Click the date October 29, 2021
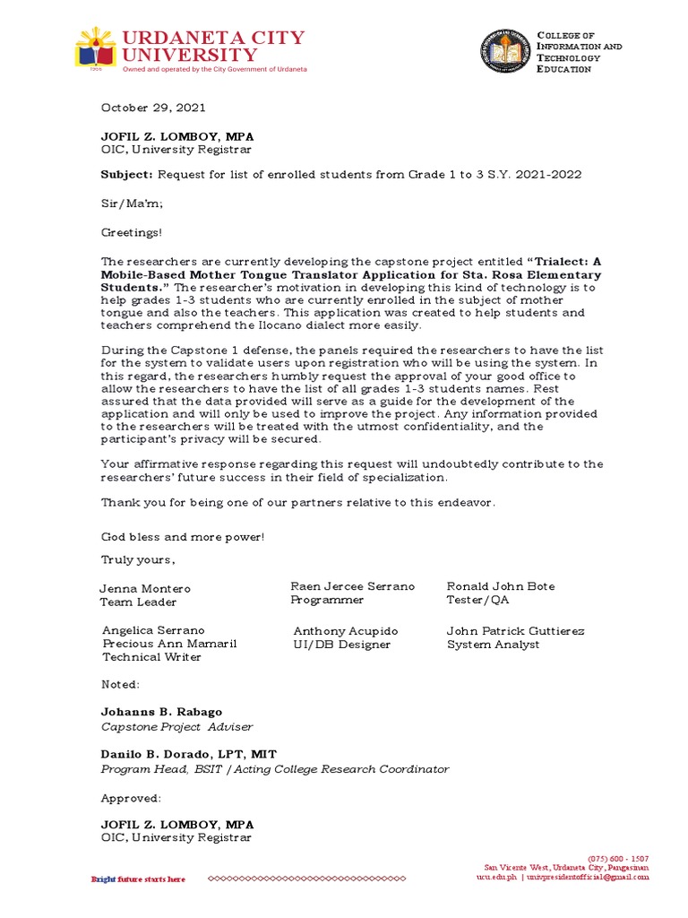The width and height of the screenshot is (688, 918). coord(152,108)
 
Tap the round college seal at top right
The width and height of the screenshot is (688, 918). coord(506,52)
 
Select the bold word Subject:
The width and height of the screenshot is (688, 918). coord(127,174)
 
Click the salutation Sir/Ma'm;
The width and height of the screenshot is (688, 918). coord(131,204)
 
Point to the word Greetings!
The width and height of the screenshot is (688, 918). coord(132,232)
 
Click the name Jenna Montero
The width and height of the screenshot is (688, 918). coord(144,588)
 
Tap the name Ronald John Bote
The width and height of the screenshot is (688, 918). coord(501,586)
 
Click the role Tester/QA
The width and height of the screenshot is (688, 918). coord(477,601)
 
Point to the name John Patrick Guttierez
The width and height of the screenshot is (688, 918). coord(515,631)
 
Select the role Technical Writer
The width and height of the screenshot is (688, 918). coord(151,657)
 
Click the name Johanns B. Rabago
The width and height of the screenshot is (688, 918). coord(161,713)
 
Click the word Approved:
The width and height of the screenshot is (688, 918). coord(131,797)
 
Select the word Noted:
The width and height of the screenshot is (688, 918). coord(120,684)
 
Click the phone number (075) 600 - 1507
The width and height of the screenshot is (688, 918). coord(618,858)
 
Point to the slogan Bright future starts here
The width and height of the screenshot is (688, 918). coord(139,879)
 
